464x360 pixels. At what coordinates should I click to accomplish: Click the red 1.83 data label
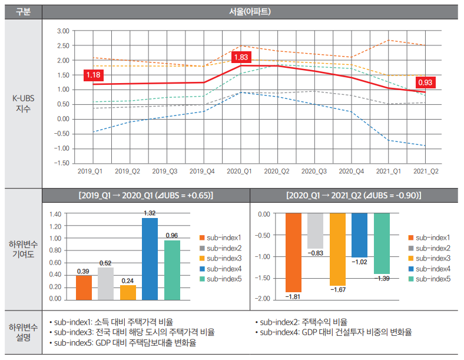[x=241, y=57]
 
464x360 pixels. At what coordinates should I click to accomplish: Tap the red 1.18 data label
[x=94, y=75]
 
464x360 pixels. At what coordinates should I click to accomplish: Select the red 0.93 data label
[x=425, y=83]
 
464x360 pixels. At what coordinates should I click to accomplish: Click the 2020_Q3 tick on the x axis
[x=314, y=171]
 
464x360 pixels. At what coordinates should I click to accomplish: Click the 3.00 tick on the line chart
[x=63, y=31]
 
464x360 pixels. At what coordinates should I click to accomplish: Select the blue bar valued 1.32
[x=150, y=258]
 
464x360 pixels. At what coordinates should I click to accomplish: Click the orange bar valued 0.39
[x=84, y=287]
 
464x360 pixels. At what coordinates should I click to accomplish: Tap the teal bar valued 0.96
[x=172, y=269]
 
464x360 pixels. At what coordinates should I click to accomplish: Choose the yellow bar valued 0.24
[x=128, y=292]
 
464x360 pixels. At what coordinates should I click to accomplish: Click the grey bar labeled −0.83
[x=316, y=230]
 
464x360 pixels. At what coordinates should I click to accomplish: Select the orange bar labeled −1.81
[x=293, y=252]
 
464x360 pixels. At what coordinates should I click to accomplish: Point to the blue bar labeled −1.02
[x=359, y=235]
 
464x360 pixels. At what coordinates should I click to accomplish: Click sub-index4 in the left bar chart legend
[x=224, y=268]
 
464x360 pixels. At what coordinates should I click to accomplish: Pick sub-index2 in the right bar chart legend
[x=433, y=247]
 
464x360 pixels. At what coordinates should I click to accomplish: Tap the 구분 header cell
[x=22, y=11]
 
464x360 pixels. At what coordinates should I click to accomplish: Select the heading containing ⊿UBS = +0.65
[x=145, y=195]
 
